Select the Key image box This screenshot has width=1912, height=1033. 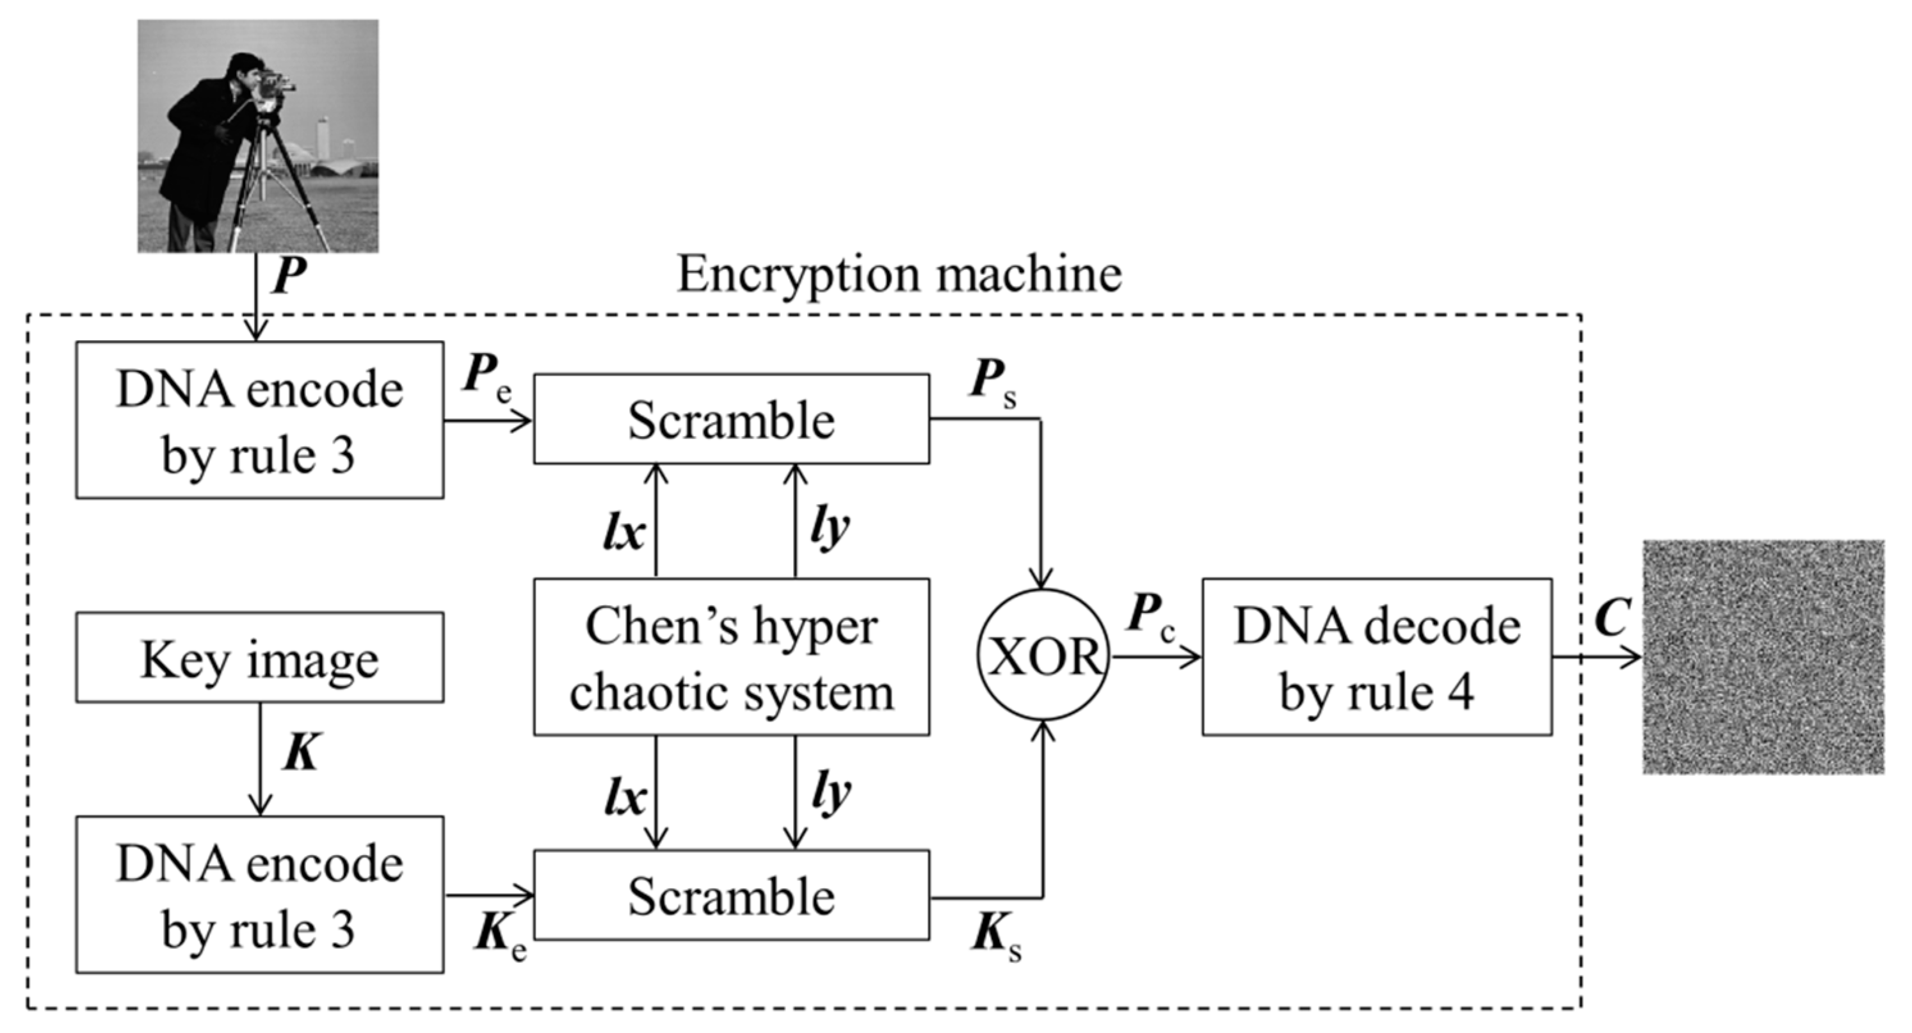pos(260,658)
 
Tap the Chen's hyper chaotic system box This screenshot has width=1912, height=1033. pos(731,657)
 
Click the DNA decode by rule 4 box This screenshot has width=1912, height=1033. pos(1377,657)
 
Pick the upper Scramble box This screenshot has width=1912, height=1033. pos(731,419)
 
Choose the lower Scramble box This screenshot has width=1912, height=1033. pos(731,895)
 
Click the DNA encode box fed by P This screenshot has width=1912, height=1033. pos(260,420)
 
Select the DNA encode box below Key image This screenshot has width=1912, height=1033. pos(260,895)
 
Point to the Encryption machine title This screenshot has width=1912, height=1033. pos(898,275)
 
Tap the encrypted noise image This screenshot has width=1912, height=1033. pos(1763,657)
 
